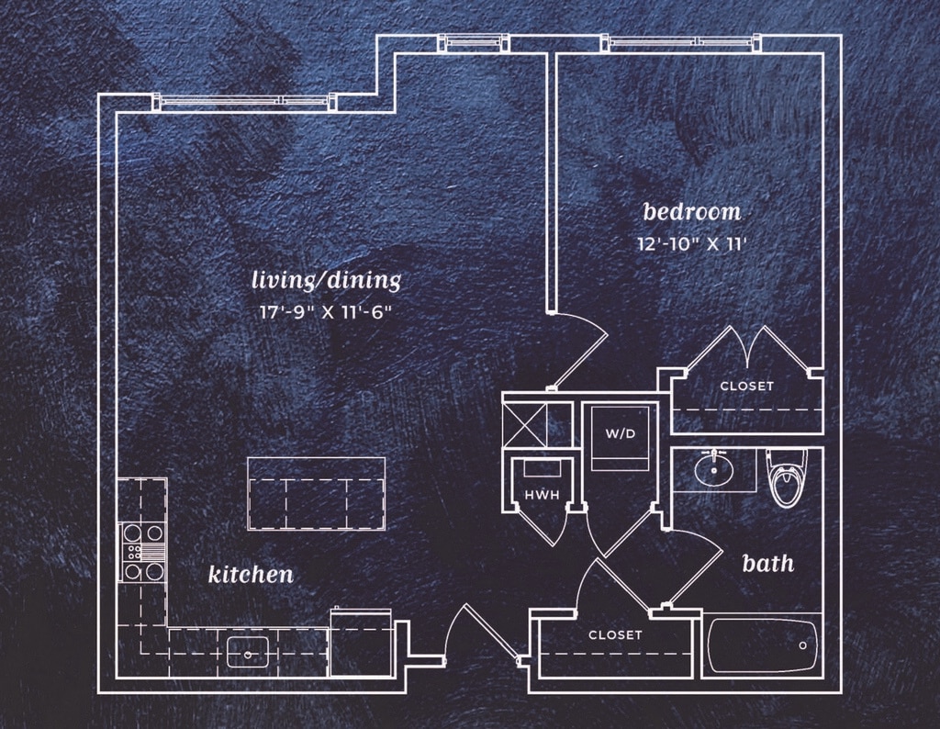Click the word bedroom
pyautogui.click(x=692, y=211)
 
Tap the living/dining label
pyautogui.click(x=326, y=281)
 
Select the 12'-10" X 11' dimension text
pyautogui.click(x=691, y=244)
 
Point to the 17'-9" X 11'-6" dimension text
pyautogui.click(x=326, y=312)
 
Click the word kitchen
pyautogui.click(x=251, y=575)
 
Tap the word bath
pyautogui.click(x=768, y=563)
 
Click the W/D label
pyautogui.click(x=621, y=433)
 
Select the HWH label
pyautogui.click(x=542, y=495)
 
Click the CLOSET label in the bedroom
pyautogui.click(x=747, y=387)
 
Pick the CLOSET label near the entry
pyautogui.click(x=615, y=634)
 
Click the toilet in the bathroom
pyautogui.click(x=787, y=477)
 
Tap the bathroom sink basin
pyautogui.click(x=714, y=469)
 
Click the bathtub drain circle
pyautogui.click(x=802, y=645)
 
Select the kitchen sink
pyautogui.click(x=248, y=652)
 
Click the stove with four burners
pyautogui.click(x=144, y=552)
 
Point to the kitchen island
pyautogui.click(x=316, y=494)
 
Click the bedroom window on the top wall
pyautogui.click(x=683, y=42)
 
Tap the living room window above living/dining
pyautogui.click(x=242, y=101)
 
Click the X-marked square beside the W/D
pyautogui.click(x=524, y=425)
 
